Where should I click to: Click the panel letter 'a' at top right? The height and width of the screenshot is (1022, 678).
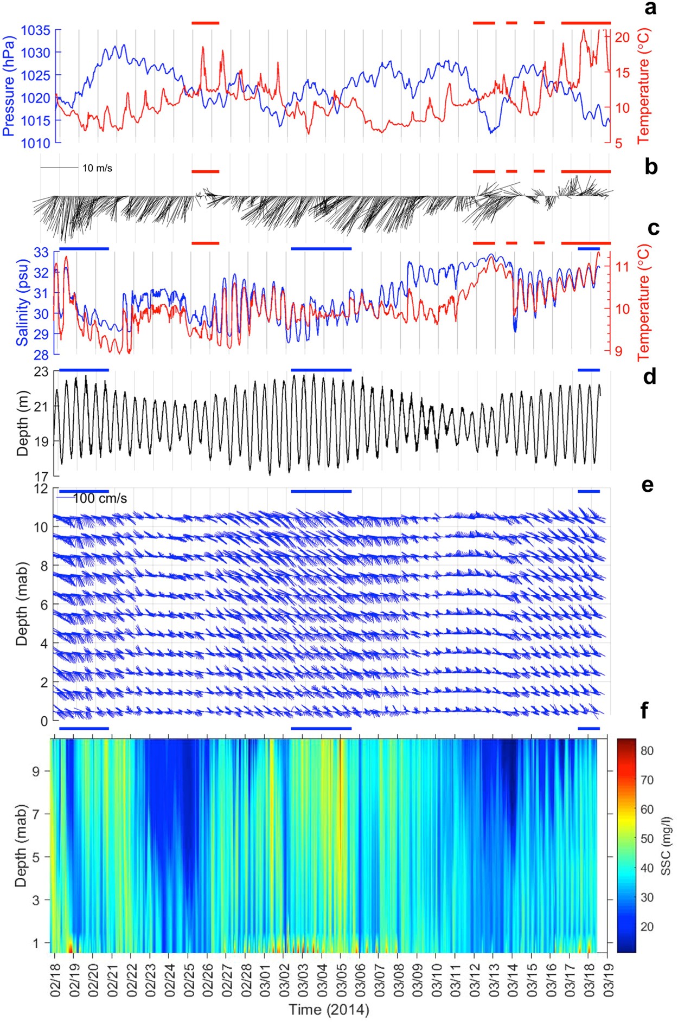tap(650, 9)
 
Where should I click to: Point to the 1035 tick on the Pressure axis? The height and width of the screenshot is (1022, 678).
tap(36, 31)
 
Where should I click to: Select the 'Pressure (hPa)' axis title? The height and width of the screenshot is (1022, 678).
tap(9, 87)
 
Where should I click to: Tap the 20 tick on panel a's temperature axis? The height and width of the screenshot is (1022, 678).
tap(622, 37)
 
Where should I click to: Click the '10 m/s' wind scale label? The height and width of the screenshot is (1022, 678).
tap(97, 168)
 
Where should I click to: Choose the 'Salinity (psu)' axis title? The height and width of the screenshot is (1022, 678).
tap(22, 303)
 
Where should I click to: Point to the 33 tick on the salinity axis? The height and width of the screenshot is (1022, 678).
tap(42, 252)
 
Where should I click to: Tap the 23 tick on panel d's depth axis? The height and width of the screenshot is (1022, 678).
tap(42, 371)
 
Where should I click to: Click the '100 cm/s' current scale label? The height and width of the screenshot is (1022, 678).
tap(100, 498)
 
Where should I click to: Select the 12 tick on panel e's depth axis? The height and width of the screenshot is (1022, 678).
tap(41, 488)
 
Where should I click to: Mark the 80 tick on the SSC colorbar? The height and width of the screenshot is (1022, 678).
tap(647, 751)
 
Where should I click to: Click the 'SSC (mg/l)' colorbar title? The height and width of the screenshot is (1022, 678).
tap(666, 845)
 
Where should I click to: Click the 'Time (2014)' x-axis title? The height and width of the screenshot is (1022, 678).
tap(329, 1010)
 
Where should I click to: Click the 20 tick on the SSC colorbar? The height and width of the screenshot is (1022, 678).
tap(647, 927)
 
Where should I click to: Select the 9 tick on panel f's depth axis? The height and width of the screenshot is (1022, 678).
tap(36, 771)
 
